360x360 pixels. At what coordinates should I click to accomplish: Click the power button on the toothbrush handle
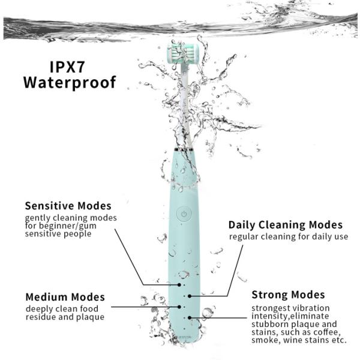[184, 212]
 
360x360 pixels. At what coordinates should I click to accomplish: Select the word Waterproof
[70, 82]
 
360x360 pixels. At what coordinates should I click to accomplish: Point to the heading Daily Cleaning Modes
[285, 225]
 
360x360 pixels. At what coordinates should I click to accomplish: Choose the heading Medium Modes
[65, 297]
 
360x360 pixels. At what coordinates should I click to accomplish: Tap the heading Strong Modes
[288, 295]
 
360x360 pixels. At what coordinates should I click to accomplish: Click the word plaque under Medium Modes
[91, 317]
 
